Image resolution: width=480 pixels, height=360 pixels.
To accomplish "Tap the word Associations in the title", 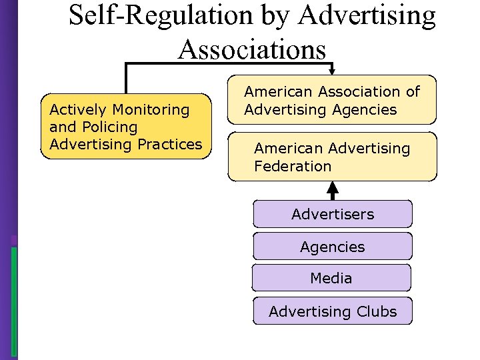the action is [253, 49].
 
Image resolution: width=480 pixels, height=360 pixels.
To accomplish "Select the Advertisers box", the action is [333, 215].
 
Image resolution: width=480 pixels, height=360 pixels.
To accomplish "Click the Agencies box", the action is [333, 247].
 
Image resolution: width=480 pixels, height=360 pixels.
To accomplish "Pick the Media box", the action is [331, 278].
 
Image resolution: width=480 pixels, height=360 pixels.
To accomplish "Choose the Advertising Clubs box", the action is [333, 311].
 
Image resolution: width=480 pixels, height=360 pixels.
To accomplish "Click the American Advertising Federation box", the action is [333, 157].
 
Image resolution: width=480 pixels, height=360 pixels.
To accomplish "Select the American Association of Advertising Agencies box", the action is [333, 100].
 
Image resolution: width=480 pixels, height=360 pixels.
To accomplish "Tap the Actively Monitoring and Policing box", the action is [126, 127].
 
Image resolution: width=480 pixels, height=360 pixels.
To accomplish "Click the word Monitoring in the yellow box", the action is [151, 109].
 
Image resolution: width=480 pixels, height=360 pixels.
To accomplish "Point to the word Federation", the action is [293, 166].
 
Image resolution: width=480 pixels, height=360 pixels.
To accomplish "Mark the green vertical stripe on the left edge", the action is [14, 300].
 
